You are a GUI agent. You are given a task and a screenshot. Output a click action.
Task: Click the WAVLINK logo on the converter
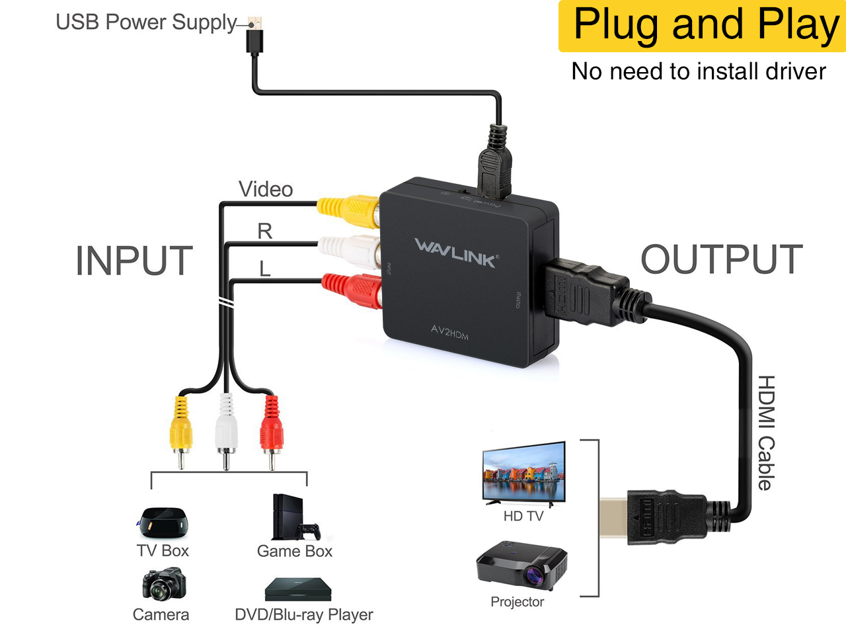(456, 253)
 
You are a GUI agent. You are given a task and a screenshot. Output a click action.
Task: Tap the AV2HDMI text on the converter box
(449, 331)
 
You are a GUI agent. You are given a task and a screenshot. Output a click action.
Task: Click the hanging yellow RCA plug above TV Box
(180, 430)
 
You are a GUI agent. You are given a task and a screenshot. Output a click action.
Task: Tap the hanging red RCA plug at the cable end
(271, 430)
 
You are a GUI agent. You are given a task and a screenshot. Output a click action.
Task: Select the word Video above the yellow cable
(266, 189)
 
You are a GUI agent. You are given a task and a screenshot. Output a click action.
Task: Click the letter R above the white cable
(264, 231)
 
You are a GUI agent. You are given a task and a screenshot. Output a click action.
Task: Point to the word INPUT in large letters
(134, 261)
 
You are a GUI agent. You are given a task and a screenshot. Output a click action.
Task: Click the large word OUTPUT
(722, 259)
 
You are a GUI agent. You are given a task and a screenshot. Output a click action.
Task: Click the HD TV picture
(524, 473)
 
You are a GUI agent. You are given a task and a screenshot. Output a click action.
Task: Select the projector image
(522, 566)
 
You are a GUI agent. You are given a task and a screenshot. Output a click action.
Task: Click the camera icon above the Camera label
(163, 584)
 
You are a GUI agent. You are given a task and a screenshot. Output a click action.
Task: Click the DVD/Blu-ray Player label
(304, 614)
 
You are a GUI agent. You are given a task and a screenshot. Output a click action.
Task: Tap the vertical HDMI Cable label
(765, 433)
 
